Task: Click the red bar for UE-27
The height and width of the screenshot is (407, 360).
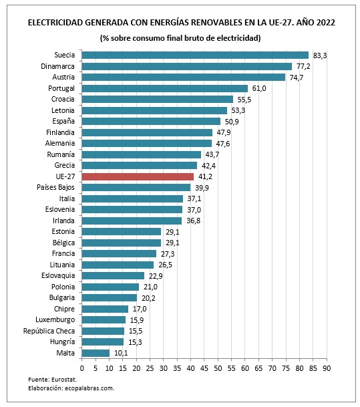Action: pos(138,176)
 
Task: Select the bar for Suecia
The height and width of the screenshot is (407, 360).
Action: pos(195,55)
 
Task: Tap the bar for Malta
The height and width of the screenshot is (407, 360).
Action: pos(96,352)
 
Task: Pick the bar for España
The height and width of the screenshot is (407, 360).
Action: pos(151,122)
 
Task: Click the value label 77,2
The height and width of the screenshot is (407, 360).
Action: pos(304,66)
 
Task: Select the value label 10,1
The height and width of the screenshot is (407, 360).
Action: pos(121,352)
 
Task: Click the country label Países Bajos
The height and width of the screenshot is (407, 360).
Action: pos(57,187)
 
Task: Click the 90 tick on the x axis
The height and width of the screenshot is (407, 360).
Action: pos(327,368)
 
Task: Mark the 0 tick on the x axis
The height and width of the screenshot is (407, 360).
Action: pos(81,368)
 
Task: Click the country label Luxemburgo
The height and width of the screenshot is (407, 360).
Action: pos(57,319)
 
